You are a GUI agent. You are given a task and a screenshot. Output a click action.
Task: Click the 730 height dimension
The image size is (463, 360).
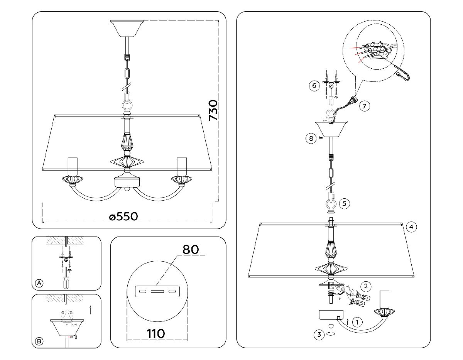[x=213, y=110]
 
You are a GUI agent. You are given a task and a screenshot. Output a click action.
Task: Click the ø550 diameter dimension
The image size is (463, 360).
[x=123, y=216]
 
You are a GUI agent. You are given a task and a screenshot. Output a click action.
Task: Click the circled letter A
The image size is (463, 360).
[x=39, y=284]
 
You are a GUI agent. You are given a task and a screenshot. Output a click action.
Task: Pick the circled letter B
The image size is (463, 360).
[x=39, y=341]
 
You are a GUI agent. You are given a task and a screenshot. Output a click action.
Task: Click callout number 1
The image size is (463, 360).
[x=358, y=321]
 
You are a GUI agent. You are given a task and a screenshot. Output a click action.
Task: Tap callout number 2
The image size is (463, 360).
[x=366, y=286]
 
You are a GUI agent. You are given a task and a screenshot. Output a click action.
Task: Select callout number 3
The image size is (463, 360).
[x=319, y=335]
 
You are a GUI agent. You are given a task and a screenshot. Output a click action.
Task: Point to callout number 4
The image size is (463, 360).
[x=411, y=227]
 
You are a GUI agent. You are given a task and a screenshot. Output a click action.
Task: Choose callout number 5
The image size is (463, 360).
[x=345, y=203]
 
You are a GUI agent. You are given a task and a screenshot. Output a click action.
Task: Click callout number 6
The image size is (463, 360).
[x=314, y=86]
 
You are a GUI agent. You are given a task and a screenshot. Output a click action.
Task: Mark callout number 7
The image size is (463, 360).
[x=365, y=105]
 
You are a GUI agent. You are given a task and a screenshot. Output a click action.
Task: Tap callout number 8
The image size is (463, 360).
[x=311, y=138]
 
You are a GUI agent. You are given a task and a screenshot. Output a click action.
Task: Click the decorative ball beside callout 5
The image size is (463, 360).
[x=331, y=205]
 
